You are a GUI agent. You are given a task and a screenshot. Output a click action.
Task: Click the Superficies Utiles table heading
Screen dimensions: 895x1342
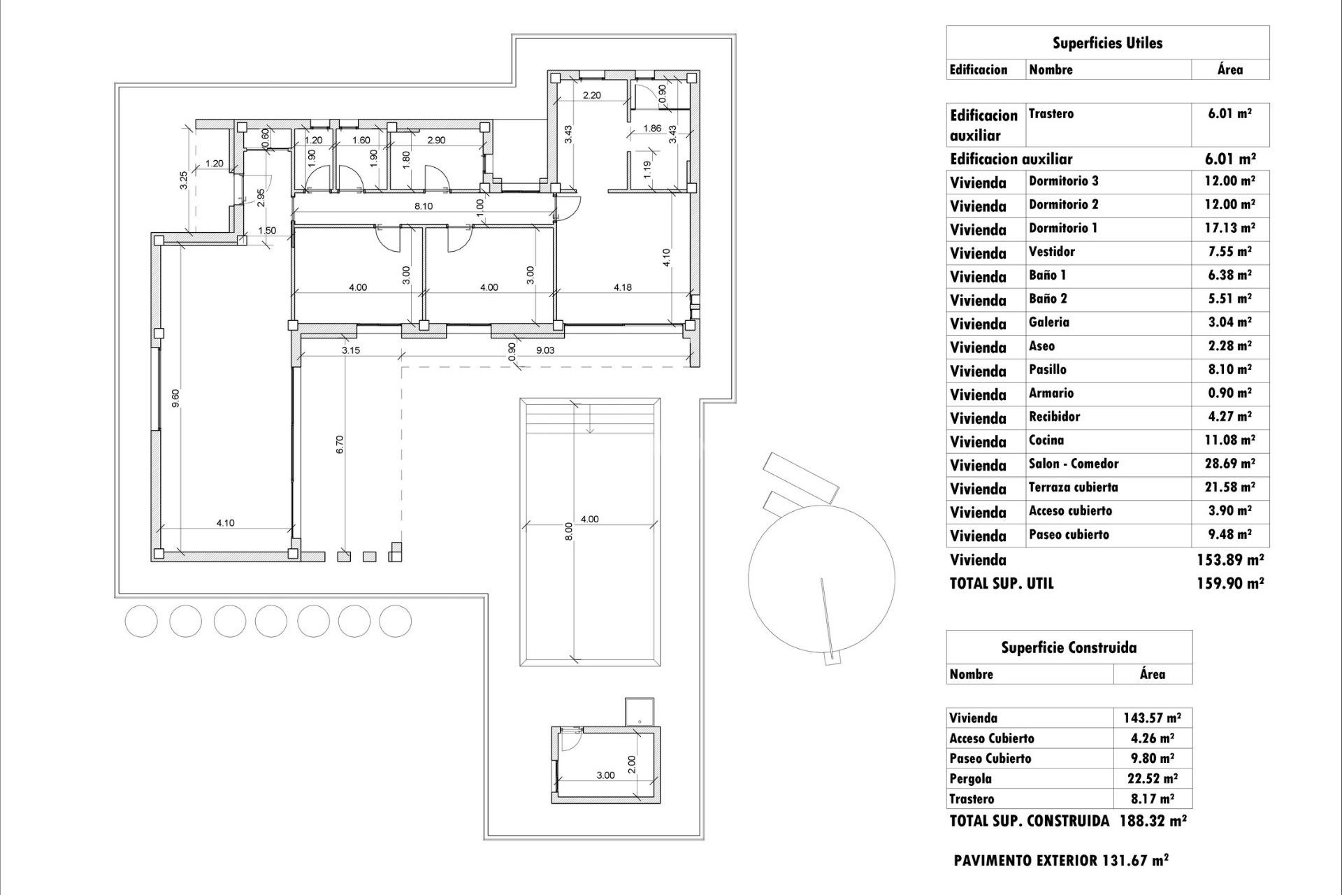1107,43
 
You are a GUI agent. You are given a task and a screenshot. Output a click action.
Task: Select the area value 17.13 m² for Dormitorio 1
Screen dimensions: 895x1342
1230,228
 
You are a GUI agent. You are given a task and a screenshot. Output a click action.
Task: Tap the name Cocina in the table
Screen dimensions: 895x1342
1046,441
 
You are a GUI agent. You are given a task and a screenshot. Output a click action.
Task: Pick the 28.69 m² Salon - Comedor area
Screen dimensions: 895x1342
1230,464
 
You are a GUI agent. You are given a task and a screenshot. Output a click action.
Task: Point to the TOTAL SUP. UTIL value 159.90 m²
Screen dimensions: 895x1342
1230,583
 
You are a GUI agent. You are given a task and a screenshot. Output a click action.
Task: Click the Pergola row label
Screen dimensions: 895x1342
970,778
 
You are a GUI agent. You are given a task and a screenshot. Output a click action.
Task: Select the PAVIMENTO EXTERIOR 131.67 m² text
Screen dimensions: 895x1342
1060,861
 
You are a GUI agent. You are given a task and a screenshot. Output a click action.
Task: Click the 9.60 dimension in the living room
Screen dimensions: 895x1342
176,398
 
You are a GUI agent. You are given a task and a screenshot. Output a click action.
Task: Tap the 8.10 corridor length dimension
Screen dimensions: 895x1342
424,206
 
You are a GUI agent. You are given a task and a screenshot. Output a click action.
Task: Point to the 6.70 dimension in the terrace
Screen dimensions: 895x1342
340,445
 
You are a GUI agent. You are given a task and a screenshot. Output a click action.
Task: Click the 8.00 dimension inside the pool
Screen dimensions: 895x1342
568,531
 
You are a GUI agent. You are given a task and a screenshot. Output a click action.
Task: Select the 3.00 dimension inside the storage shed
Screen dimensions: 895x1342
605,775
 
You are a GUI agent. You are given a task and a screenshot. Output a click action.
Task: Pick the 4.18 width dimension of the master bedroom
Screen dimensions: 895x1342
622,287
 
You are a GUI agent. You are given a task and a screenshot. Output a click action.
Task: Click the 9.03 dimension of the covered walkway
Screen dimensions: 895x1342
545,350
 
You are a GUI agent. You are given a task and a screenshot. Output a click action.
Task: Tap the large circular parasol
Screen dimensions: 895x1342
821,578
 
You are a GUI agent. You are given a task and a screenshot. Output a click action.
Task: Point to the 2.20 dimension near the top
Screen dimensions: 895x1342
591,95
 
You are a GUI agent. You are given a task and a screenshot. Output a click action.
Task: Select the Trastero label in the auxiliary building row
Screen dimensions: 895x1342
1051,114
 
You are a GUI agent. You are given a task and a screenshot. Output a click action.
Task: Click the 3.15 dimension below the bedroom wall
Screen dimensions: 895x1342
351,350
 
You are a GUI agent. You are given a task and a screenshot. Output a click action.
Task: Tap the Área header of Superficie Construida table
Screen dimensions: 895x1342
1152,675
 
